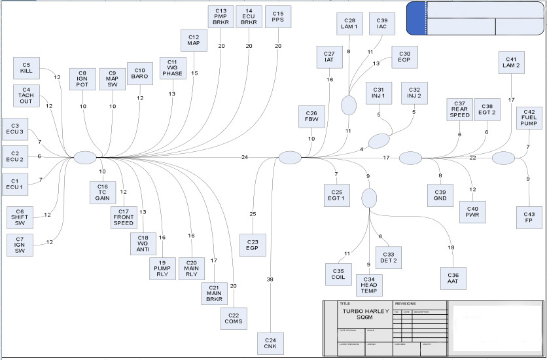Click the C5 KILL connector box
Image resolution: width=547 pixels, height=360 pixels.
(26, 68)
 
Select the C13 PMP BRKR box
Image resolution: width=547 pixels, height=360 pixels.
(221, 17)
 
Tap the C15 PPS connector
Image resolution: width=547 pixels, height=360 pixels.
(278, 17)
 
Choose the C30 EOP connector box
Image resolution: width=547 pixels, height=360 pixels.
(404, 56)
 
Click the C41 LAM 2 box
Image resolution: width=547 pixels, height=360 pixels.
(511, 62)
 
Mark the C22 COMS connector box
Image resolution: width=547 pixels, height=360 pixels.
(234, 318)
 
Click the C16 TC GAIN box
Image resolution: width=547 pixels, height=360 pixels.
(103, 192)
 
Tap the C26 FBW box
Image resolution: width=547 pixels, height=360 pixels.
(311, 117)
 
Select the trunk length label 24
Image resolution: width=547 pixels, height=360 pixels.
(244, 157)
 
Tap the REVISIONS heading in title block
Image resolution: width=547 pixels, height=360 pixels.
(406, 304)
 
